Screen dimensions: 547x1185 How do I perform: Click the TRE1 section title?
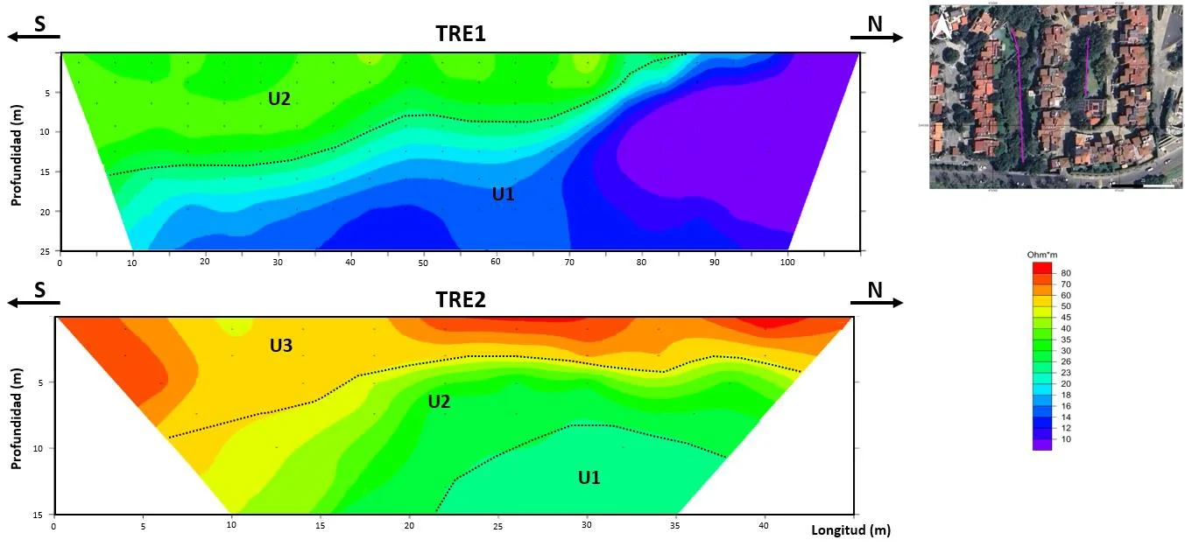coord(461,34)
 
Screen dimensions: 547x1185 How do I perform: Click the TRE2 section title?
coord(461,300)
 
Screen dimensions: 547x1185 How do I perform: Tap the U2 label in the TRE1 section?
coord(279,99)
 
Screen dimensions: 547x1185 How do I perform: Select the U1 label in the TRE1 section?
coord(503,194)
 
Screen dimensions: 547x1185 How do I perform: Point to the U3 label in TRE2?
coord(280,347)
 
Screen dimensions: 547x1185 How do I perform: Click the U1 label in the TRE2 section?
coord(589,477)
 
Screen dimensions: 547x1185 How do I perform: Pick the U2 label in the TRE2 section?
coord(439,402)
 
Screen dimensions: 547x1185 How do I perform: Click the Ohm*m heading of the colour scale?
coord(1040,255)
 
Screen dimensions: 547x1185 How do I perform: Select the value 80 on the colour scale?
coord(1066,273)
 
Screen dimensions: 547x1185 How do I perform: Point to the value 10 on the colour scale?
coord(1066,439)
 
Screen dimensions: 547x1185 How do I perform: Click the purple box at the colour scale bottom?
coord(1042,445)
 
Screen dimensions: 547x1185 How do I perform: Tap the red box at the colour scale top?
coord(1042,267)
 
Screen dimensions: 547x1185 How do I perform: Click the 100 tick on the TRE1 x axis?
coord(789,262)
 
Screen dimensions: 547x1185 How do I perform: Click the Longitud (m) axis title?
coord(850,530)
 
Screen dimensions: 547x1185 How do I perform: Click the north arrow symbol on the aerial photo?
coord(942,28)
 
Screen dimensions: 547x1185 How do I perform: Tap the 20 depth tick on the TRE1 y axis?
coord(49,211)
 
